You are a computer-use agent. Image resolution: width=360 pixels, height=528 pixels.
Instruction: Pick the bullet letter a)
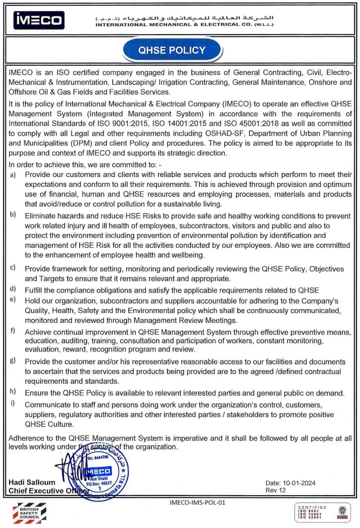[x=13, y=174]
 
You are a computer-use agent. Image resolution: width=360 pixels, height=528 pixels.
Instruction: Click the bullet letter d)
[x=13, y=289]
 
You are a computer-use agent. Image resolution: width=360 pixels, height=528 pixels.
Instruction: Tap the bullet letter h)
[x=13, y=392]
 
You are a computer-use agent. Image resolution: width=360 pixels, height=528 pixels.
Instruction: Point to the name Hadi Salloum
[x=32, y=483]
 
